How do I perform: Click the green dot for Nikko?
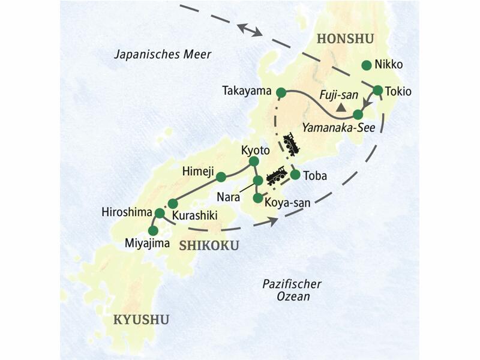coord(366,65)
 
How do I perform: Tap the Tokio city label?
coord(400,92)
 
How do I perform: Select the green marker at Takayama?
coord(280,92)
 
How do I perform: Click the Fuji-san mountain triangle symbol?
coord(341,108)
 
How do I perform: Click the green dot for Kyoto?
coord(253,161)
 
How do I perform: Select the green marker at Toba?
coord(295,175)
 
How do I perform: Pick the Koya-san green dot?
coord(258,197)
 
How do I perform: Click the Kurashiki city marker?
coord(173,203)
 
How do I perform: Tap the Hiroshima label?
coord(127,212)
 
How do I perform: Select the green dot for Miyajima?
coord(153,230)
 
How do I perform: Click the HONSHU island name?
coord(344,39)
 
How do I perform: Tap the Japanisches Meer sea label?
coord(163,55)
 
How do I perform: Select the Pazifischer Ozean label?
coord(292,290)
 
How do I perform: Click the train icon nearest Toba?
coord(275,174)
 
